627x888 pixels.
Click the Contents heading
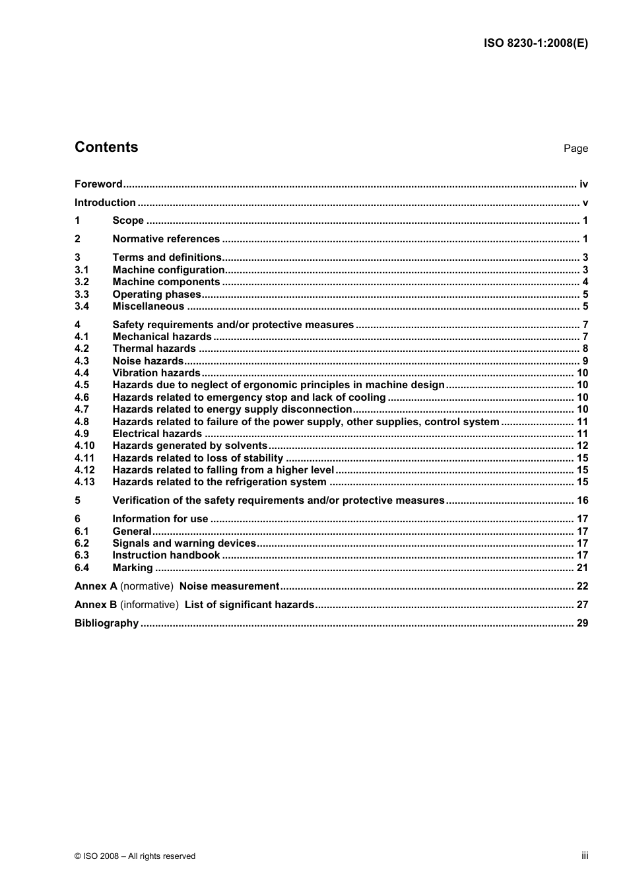106,147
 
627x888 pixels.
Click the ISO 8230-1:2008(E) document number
535,44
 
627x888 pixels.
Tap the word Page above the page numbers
576,149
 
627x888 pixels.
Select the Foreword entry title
98,184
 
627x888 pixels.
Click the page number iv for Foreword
583,184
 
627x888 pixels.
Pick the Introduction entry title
105,203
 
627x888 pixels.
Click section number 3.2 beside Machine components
82,282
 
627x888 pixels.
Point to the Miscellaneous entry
148,306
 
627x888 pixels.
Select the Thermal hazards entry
154,349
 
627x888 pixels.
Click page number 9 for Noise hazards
585,361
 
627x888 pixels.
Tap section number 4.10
84,446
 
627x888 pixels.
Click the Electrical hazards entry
157,434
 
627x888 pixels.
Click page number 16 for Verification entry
582,500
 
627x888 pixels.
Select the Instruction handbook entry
166,555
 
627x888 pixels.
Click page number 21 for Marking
582,568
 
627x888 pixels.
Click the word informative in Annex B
149,605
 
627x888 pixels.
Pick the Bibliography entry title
106,623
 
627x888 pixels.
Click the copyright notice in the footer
135,856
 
